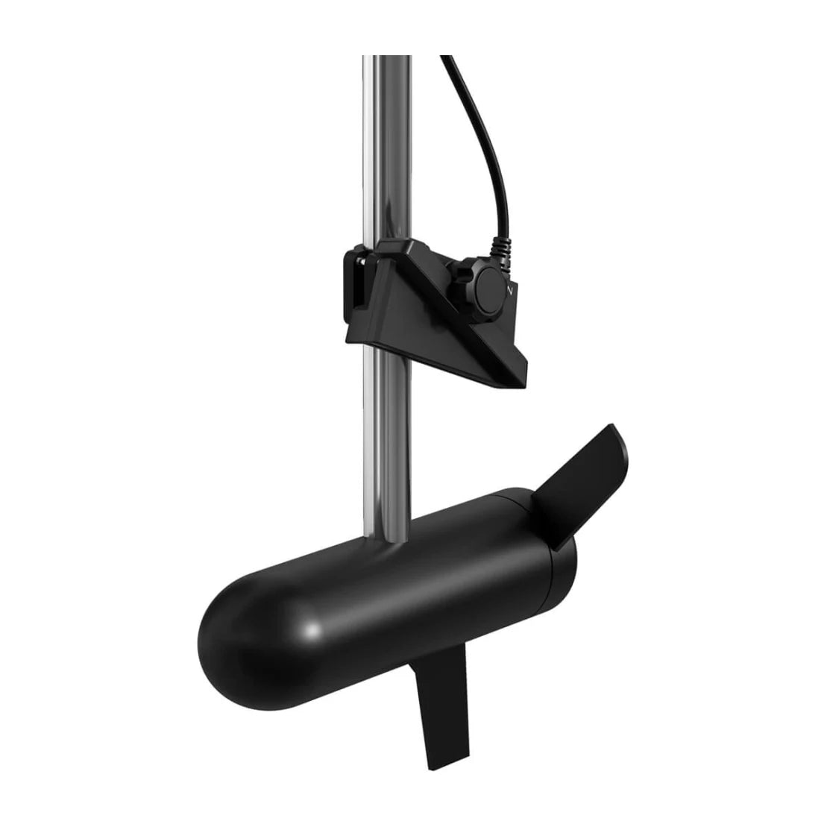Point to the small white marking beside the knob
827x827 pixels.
click(510, 287)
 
